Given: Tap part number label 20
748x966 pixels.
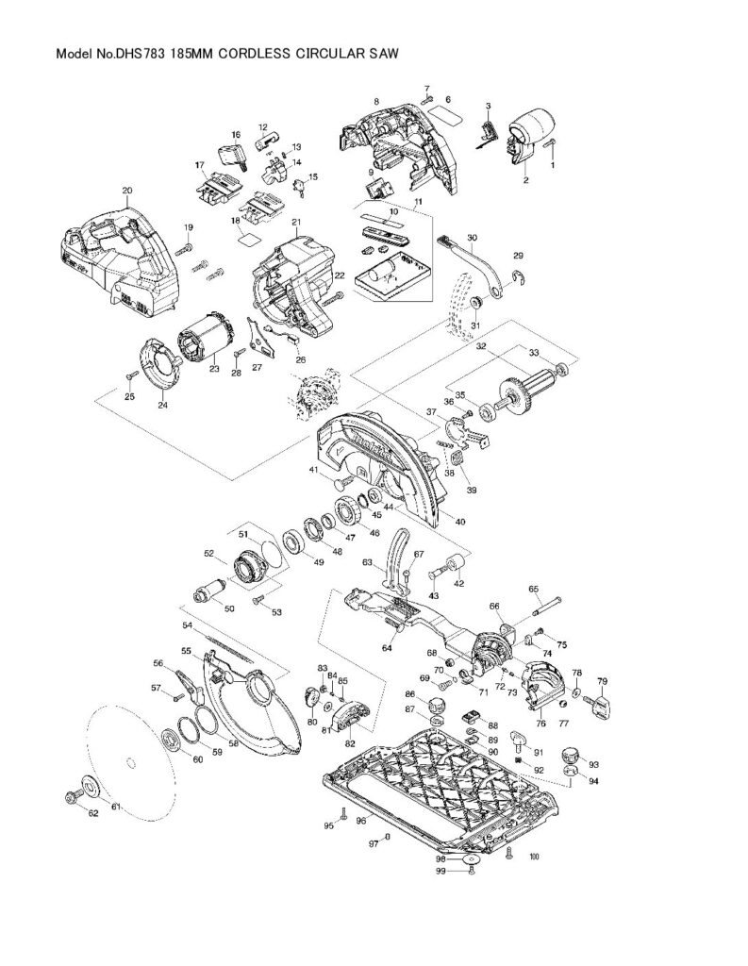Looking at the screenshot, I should click(126, 190).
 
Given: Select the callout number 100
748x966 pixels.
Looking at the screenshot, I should click(535, 857).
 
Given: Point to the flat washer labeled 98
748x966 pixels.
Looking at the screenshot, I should click(471, 860).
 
